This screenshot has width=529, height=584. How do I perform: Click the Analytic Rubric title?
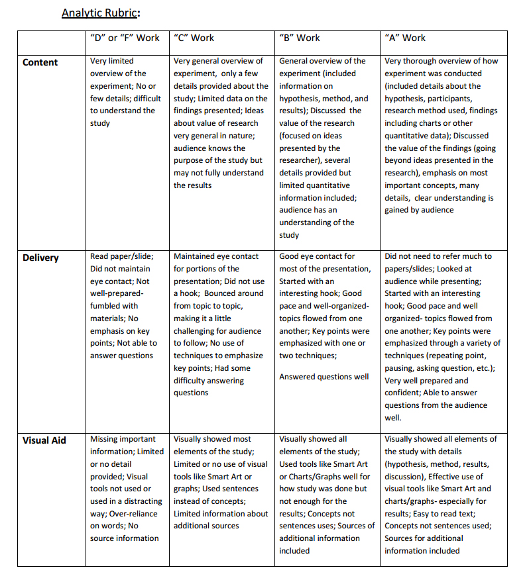coord(101,13)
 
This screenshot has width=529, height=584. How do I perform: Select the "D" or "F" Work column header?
coord(125,38)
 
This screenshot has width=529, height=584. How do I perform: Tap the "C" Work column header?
coord(194,38)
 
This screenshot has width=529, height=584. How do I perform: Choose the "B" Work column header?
coord(300,38)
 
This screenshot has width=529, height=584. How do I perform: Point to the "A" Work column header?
coord(405,38)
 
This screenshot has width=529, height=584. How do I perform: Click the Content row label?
coord(40,62)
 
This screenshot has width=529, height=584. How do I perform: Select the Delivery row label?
coord(42,258)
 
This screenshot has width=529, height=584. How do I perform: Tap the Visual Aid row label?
coord(44,440)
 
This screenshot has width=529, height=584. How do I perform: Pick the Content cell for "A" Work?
coord(441,135)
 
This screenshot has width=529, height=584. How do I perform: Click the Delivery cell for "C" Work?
coord(221,324)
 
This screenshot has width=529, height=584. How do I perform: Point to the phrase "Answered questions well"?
coord(324,377)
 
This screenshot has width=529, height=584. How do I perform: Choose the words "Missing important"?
coord(123,439)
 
